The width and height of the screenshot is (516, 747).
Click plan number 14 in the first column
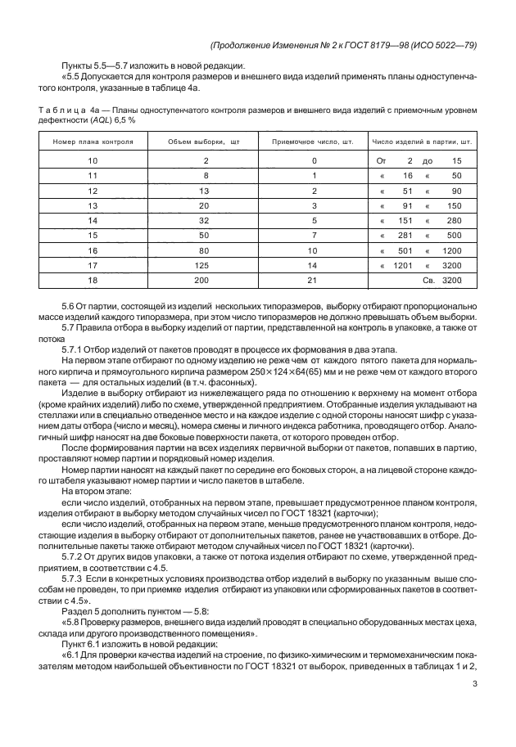93,220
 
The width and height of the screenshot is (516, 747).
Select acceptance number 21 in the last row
312,280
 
